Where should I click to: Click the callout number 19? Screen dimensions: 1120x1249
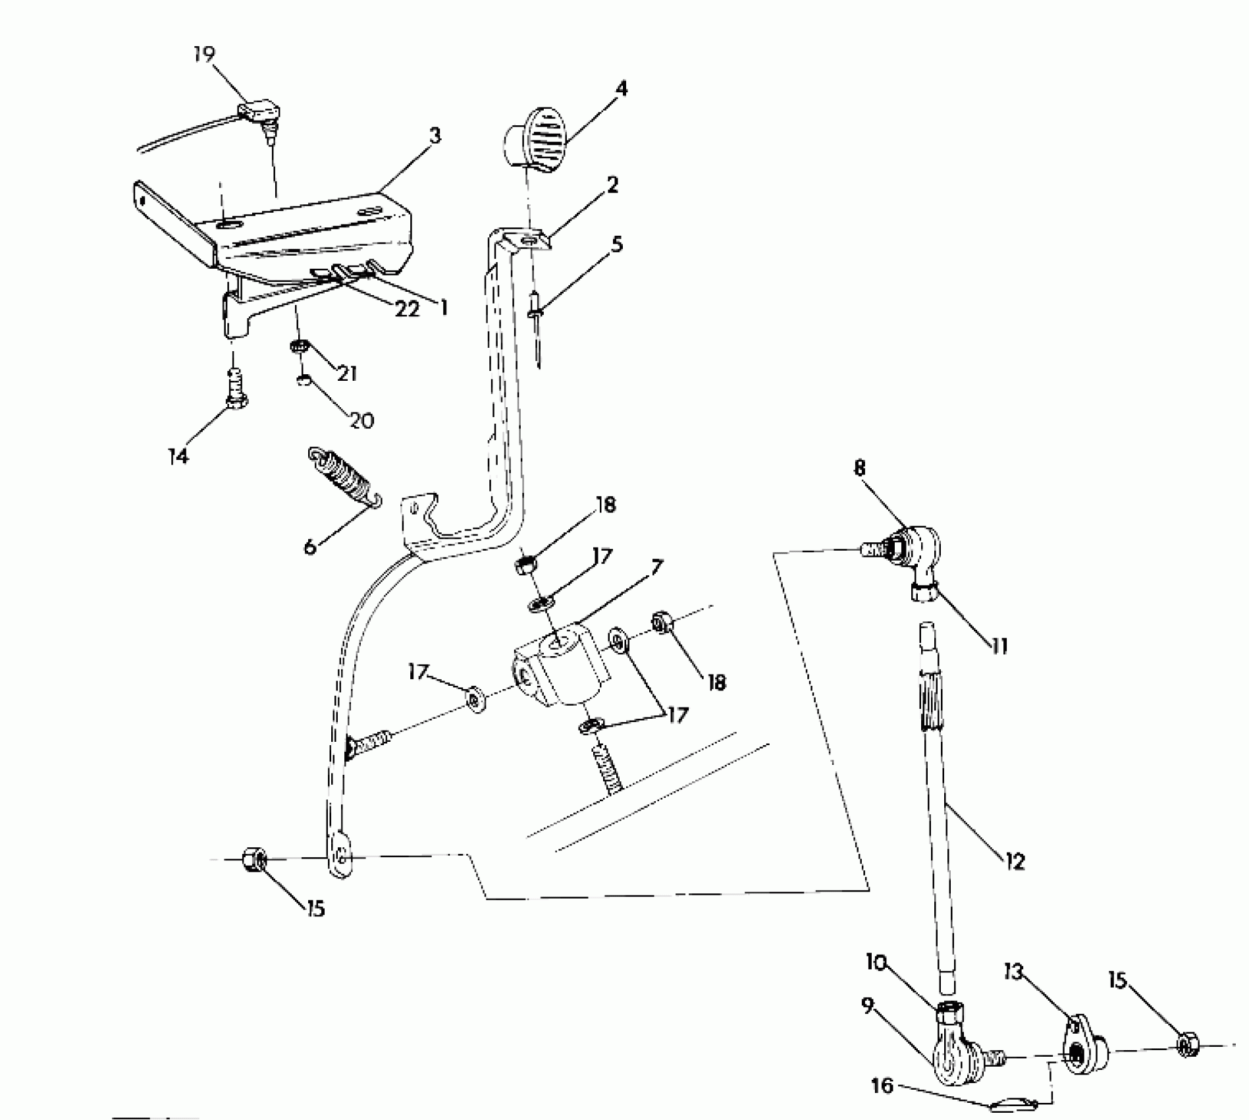(x=204, y=54)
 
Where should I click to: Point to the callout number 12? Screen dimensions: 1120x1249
(x=1015, y=860)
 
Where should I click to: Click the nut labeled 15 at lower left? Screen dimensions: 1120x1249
(x=253, y=858)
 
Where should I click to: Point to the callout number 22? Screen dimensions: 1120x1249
(x=406, y=308)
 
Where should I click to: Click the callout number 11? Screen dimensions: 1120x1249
(x=999, y=646)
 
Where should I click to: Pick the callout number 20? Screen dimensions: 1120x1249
(x=361, y=420)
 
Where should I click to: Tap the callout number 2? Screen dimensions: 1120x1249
(x=612, y=185)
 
